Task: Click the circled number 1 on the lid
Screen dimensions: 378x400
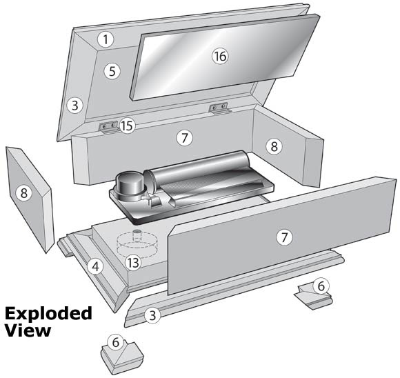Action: (104, 39)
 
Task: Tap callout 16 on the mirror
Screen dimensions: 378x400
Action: (219, 56)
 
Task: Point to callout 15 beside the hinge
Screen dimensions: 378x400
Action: (126, 126)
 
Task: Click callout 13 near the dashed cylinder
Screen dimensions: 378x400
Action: (134, 261)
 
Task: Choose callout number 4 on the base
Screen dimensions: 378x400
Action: (97, 264)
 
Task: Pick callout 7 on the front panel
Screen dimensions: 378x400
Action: (283, 237)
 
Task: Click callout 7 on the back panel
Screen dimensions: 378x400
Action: (183, 137)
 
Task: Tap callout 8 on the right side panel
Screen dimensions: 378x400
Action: (274, 146)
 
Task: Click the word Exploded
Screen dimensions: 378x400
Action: (48, 314)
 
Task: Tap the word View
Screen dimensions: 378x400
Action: (28, 330)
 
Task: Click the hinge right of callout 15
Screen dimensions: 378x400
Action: (108, 126)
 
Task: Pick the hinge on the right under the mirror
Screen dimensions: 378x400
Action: (220, 106)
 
